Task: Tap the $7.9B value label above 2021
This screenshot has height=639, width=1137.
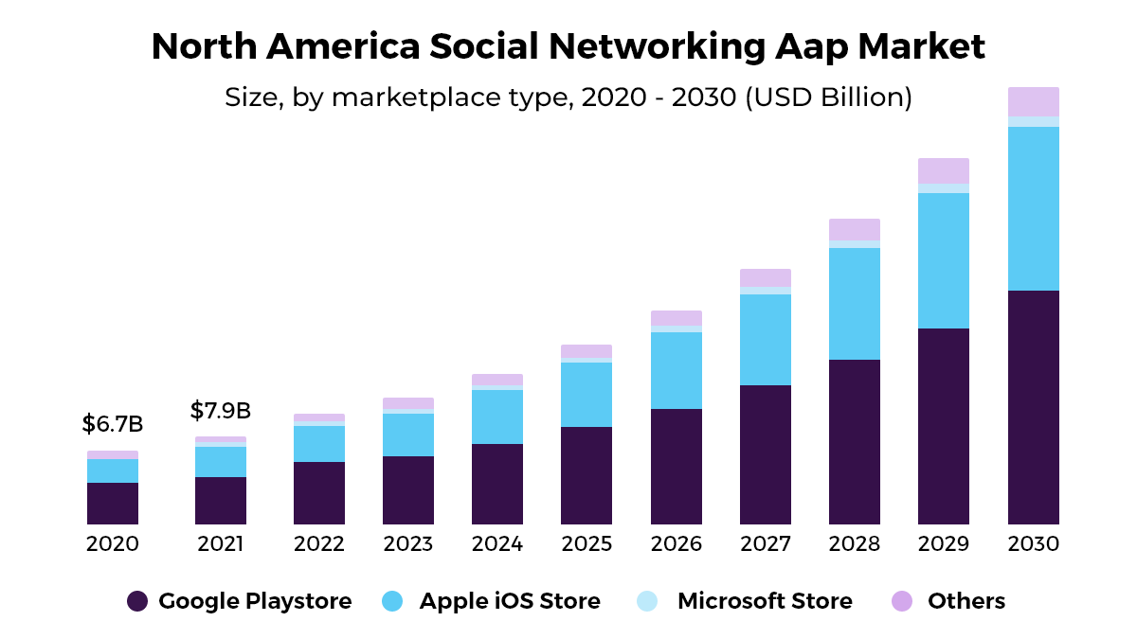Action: coord(220,411)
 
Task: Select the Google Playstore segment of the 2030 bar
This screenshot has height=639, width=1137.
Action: coord(1034,407)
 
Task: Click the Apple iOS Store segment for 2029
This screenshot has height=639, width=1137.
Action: coord(944,260)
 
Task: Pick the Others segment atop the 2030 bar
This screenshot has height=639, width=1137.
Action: coord(1034,101)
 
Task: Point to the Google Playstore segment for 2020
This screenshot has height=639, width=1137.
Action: coord(113,504)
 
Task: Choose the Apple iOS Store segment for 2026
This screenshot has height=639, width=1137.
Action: coord(677,370)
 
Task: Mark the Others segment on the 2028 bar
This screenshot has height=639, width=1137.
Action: coord(855,229)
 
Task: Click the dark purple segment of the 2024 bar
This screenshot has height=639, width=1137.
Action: coord(497,484)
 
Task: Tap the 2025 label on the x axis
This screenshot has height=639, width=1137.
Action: coord(587,544)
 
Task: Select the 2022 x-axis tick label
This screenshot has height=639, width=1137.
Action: coord(319,544)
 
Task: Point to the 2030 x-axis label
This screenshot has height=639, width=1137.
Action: coord(1034,544)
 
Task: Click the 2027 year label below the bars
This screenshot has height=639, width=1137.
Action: coord(766,544)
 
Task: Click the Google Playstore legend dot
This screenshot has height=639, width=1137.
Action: coord(137,601)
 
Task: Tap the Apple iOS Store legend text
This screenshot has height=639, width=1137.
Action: coord(510,601)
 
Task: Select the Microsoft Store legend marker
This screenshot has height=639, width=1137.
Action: coord(647,601)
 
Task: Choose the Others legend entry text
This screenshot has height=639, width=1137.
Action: coord(966,601)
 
